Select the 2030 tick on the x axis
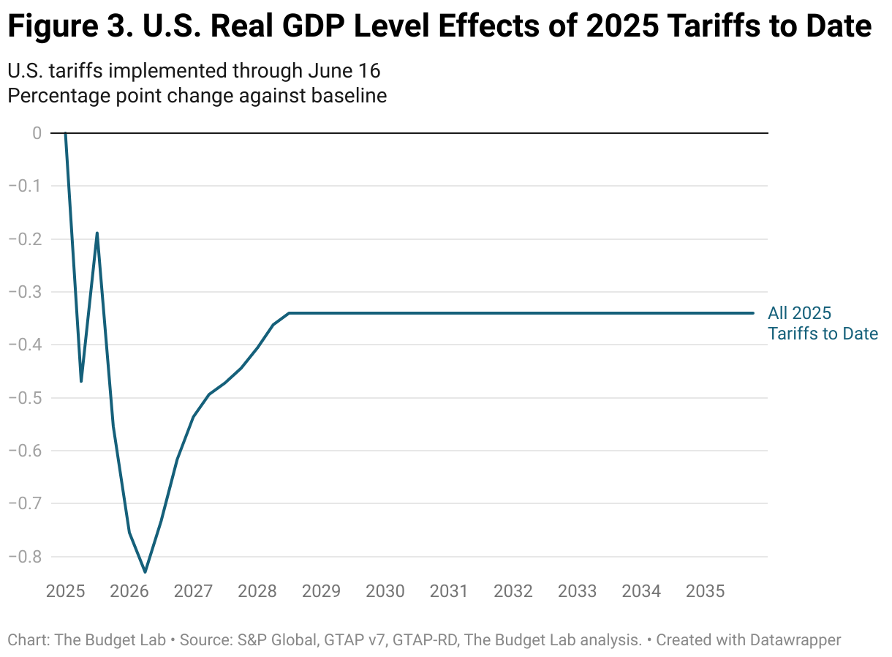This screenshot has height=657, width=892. (x=385, y=590)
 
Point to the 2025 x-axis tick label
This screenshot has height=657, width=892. (x=67, y=590)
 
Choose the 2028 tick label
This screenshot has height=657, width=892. (x=257, y=590)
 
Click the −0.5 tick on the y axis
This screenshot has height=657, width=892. (x=25, y=398)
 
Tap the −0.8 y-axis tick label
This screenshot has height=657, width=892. (x=25, y=557)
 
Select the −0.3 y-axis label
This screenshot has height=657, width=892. (x=25, y=292)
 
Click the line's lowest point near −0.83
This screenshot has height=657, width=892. (x=145, y=571)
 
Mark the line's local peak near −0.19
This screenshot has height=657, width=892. (x=97, y=233)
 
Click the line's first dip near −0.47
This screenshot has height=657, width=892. (x=81, y=381)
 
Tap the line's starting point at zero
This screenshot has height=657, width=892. (x=66, y=133)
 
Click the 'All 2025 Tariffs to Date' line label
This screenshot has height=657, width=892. (x=822, y=323)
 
